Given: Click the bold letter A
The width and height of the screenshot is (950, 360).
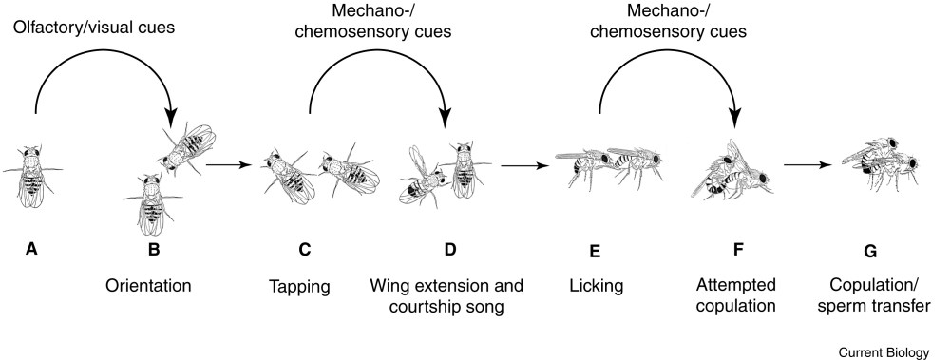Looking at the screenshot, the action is [31, 248].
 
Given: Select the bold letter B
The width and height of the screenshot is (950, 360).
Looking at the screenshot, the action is [154, 249].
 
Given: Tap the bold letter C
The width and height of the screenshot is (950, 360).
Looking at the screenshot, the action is [304, 249].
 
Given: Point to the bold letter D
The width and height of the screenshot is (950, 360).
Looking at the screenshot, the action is [450, 249].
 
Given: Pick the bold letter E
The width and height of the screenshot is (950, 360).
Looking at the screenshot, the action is [595, 251].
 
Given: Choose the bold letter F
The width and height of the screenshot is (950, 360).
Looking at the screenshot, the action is [738, 249].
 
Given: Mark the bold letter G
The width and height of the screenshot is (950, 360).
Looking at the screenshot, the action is [870, 251].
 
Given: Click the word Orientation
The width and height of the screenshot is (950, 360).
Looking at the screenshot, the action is [148, 285].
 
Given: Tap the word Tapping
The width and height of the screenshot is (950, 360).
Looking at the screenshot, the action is [299, 287].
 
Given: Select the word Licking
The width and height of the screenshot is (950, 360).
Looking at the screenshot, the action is [597, 286].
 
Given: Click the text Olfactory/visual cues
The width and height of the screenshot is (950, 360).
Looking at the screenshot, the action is [94, 27].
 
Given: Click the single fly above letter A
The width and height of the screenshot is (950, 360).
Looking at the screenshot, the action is [32, 176].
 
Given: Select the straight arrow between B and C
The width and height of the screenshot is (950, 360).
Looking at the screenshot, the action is [228, 164].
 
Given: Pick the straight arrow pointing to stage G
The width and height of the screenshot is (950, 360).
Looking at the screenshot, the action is [807, 164].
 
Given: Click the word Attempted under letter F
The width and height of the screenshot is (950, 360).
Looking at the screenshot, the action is [735, 285].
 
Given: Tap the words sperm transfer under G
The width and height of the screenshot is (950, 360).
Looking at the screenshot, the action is [874, 306].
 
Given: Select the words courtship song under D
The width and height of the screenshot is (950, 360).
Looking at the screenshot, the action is [446, 307].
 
